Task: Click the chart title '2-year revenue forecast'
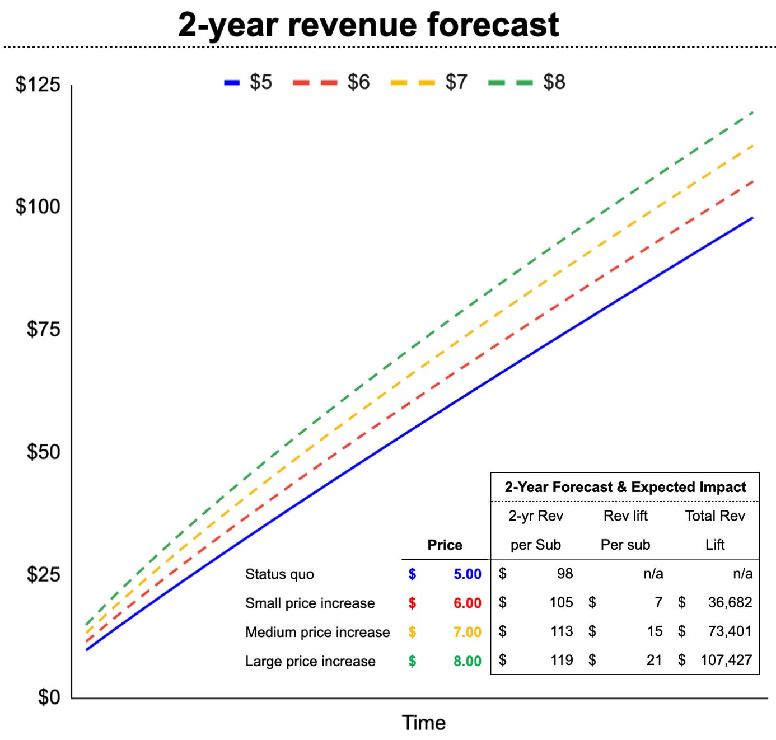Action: [x=368, y=25]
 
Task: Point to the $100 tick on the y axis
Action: [x=38, y=207]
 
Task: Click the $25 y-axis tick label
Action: [x=43, y=574]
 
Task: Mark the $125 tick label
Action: [x=38, y=85]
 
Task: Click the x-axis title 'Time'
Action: [x=423, y=723]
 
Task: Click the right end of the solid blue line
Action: [x=752, y=218]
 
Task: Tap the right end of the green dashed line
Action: [x=752, y=113]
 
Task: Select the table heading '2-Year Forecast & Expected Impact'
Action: [x=625, y=487]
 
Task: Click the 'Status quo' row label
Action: [x=279, y=574]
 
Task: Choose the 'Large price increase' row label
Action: [x=310, y=661]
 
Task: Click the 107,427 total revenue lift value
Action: [x=726, y=660]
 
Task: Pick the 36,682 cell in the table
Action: [x=730, y=602]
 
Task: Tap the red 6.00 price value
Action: [x=467, y=603]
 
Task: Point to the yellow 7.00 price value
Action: [x=467, y=632]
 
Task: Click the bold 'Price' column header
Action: [x=445, y=545]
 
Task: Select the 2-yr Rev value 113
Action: [x=561, y=631]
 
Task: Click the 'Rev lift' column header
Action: [x=625, y=516]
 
